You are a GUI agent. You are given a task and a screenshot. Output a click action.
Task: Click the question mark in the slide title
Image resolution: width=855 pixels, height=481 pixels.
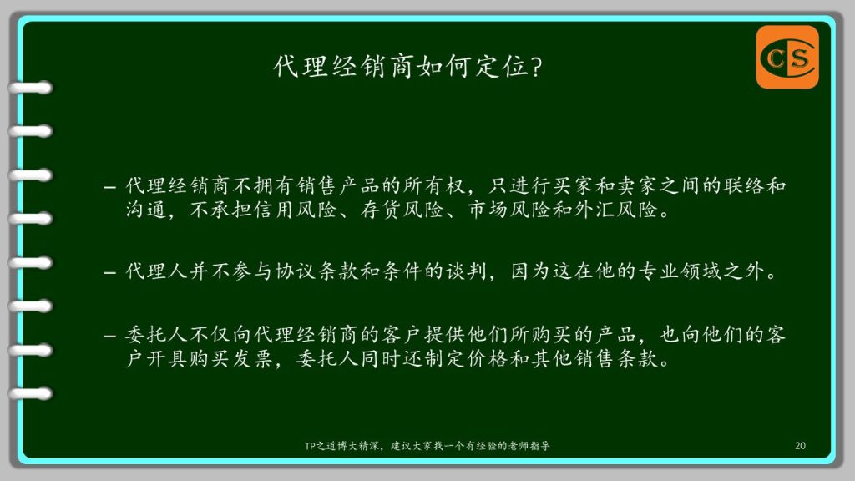(x=537, y=68)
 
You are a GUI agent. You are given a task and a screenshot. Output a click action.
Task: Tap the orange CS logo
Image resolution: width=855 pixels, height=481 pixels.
(x=787, y=58)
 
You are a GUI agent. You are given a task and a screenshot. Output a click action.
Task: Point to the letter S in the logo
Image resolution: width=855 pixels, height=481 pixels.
(x=799, y=58)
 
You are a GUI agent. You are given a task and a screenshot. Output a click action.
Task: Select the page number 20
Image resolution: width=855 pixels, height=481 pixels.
(x=800, y=446)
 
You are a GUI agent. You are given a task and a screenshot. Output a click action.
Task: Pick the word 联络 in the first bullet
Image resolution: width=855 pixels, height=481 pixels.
(x=744, y=186)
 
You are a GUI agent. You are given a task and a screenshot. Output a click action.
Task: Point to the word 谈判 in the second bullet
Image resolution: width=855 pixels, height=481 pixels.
(x=466, y=271)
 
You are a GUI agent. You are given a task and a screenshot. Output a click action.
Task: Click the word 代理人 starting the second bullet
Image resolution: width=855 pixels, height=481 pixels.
(x=157, y=271)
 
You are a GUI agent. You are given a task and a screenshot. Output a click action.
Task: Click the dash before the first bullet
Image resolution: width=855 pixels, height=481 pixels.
(x=110, y=188)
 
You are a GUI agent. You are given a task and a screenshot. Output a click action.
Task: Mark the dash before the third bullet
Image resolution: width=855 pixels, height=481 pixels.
(x=110, y=337)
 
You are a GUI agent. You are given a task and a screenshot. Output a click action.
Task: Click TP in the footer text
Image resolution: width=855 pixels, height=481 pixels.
(x=309, y=446)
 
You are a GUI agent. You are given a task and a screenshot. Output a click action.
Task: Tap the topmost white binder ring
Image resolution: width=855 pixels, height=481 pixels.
(x=30, y=88)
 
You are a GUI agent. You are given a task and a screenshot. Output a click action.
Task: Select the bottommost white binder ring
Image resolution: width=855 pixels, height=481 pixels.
(x=30, y=394)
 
